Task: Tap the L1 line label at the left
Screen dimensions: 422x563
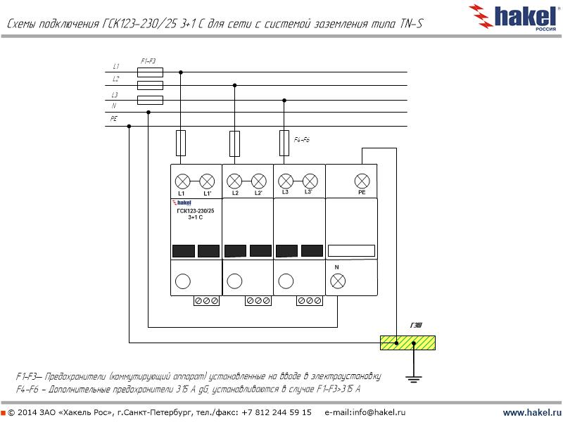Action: point(116,67)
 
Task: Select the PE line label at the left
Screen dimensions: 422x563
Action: point(114,120)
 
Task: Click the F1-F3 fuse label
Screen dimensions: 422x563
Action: point(148,61)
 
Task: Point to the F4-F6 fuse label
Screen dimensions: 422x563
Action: point(301,140)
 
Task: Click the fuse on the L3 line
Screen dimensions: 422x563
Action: point(150,99)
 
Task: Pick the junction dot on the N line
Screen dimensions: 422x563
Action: point(148,113)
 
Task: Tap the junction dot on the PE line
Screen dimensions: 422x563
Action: point(129,127)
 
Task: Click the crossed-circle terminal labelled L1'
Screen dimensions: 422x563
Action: point(207,179)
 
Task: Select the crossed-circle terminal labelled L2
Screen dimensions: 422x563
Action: point(234,179)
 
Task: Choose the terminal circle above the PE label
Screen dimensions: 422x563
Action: point(362,179)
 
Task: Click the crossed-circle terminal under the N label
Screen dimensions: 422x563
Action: point(338,281)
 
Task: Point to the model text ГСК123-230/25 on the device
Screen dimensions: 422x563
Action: point(196,211)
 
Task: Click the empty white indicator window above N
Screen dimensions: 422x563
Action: point(351,250)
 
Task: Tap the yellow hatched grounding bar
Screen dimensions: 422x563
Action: point(407,343)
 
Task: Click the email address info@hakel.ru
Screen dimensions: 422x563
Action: point(365,412)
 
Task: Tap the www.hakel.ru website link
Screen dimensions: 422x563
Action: point(531,412)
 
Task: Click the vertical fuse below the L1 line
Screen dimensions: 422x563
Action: point(181,143)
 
